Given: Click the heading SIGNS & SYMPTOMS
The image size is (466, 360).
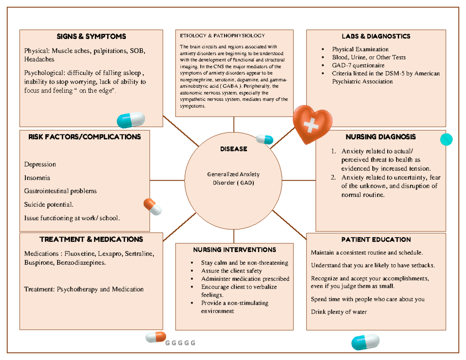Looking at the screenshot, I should tap(91, 37).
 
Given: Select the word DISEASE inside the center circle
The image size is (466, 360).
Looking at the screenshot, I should tap(233, 149).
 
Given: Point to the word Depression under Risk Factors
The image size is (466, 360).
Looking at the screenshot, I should tap(40, 164).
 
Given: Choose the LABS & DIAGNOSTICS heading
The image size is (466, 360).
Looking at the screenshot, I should tap(376, 37).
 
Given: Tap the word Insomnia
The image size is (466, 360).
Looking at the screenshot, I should tap(37, 178).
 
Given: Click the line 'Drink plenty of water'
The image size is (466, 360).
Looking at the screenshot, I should tap(339, 312).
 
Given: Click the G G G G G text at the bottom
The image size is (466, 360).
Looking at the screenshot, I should tap(180, 343).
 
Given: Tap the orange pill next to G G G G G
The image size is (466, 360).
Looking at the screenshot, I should tap(156, 337).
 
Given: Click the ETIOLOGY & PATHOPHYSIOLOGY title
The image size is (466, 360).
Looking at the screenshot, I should tap(222, 36).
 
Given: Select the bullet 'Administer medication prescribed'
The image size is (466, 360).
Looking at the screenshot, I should tap(245, 279).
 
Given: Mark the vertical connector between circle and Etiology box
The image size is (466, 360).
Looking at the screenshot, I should tap(234, 124).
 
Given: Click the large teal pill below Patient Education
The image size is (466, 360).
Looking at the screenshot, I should tap(365, 342).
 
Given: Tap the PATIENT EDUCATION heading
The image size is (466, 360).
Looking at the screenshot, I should tap(376, 239).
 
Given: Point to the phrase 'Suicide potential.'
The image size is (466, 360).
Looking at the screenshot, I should tap(48, 204).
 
